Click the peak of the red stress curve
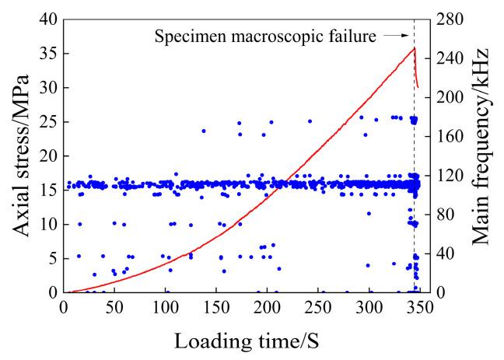pyautogui.click(x=414, y=48)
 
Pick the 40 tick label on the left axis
pyautogui.click(x=48, y=19)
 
